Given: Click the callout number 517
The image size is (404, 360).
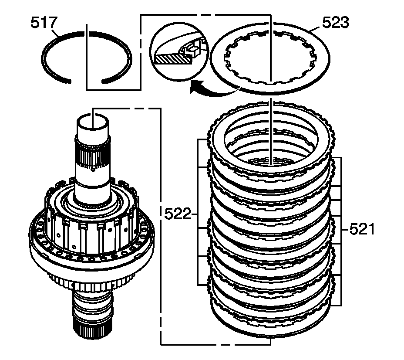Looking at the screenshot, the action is [43, 23].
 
